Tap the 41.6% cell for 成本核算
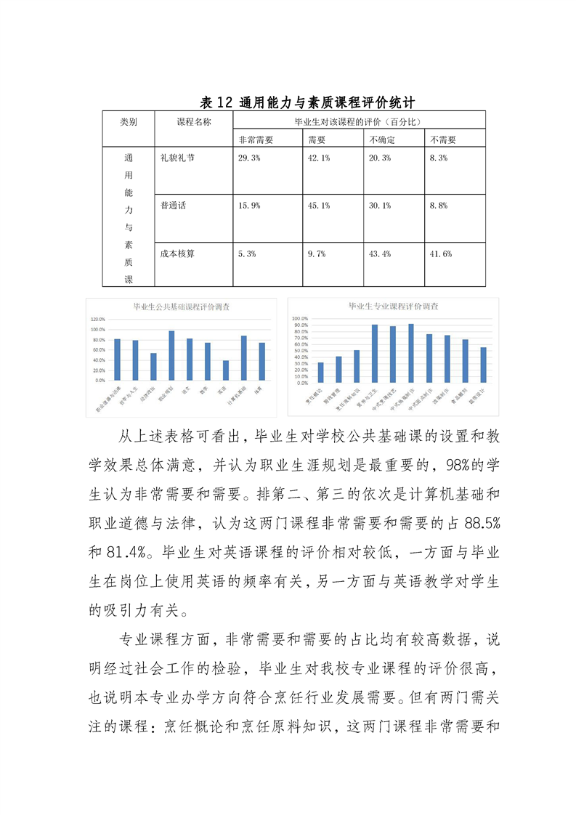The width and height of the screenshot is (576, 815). pyautogui.click(x=441, y=254)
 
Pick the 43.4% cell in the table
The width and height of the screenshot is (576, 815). pyautogui.click(x=380, y=254)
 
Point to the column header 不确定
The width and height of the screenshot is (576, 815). pyautogui.click(x=382, y=139)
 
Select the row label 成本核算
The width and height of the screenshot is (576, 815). pyautogui.click(x=178, y=254)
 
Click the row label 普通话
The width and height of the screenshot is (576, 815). pyautogui.click(x=174, y=206)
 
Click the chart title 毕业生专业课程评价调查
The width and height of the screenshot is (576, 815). pyautogui.click(x=393, y=307)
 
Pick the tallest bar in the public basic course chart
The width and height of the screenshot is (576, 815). pyautogui.click(x=171, y=355)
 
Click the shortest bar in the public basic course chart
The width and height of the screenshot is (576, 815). pyautogui.click(x=225, y=370)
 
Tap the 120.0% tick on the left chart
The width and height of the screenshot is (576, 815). pyautogui.click(x=97, y=319)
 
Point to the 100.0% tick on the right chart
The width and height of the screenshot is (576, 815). pyautogui.click(x=300, y=318)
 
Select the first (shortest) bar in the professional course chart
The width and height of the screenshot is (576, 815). pyautogui.click(x=321, y=372)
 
